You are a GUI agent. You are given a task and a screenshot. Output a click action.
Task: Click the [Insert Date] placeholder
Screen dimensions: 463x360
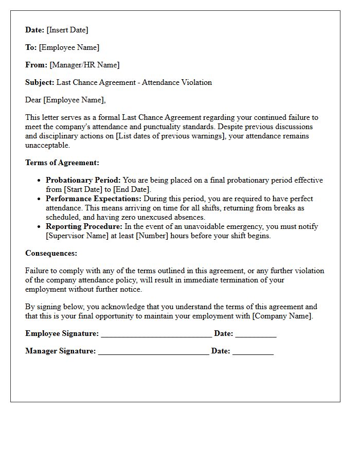coord(67,30)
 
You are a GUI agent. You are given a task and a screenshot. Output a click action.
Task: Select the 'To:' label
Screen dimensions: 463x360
coord(31,47)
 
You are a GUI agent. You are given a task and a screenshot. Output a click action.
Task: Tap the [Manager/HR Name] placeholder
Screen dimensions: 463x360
coord(84,65)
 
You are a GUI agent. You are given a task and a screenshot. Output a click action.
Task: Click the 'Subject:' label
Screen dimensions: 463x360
coord(40,82)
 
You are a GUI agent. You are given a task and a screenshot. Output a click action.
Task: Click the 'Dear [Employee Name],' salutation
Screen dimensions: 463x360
coord(65,100)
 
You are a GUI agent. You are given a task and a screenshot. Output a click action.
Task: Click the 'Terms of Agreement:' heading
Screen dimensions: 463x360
coord(62,163)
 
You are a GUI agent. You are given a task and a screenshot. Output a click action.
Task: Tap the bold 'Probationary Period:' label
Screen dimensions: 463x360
coord(83,180)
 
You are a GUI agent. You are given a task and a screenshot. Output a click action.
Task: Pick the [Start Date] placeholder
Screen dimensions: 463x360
coord(83,189)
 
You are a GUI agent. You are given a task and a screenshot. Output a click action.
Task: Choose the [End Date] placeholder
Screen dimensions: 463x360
coord(132,189)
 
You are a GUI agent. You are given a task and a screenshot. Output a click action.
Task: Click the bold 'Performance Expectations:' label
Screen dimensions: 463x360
coord(94,199)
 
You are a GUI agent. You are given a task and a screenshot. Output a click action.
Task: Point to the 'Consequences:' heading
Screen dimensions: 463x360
coord(51,253)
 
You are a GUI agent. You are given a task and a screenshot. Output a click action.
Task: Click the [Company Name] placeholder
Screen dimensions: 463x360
coord(282,316)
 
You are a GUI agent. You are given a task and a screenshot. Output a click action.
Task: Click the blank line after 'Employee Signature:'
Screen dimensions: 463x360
coord(156,334)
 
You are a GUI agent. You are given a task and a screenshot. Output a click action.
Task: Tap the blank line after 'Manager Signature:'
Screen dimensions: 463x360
coord(153,352)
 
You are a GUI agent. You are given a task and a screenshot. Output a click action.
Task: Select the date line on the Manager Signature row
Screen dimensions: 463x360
coord(253,352)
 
